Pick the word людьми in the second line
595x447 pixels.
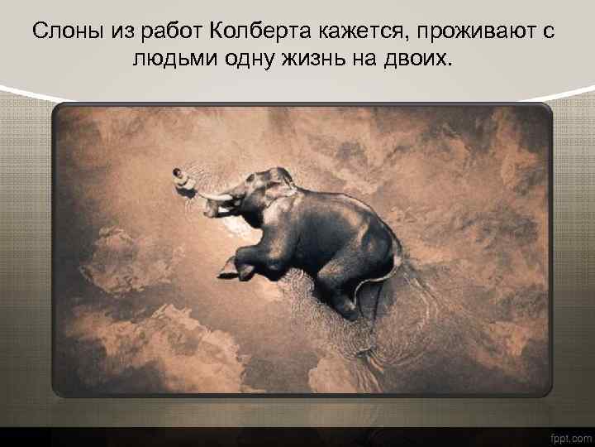click(x=174, y=59)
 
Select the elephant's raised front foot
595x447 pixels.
click(x=228, y=268)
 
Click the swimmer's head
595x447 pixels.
click(x=176, y=173)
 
